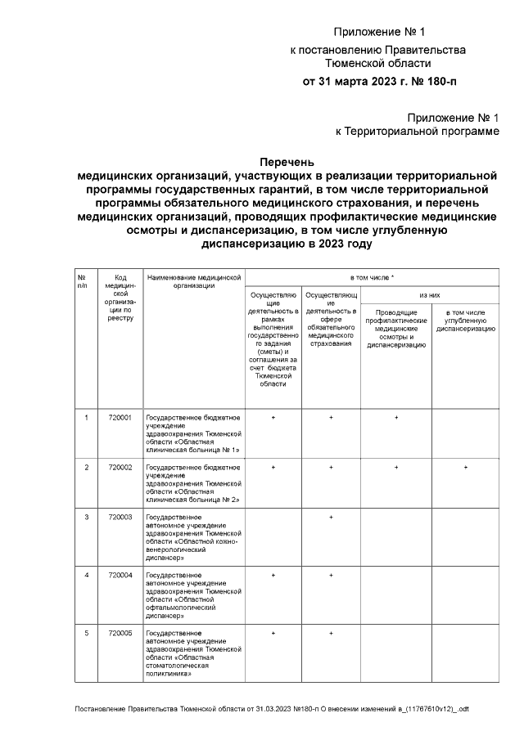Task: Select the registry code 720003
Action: (x=120, y=518)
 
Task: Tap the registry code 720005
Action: (x=120, y=633)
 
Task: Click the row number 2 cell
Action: (x=87, y=467)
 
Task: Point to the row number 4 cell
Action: (x=87, y=575)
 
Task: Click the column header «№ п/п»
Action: (x=82, y=281)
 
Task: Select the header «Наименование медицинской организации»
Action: (x=194, y=281)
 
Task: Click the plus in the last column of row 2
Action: (x=465, y=467)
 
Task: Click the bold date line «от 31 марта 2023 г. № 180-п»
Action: (x=380, y=81)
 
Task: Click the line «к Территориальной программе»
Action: (x=417, y=131)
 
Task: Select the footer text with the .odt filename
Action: (x=271, y=708)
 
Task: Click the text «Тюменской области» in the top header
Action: (x=378, y=63)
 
